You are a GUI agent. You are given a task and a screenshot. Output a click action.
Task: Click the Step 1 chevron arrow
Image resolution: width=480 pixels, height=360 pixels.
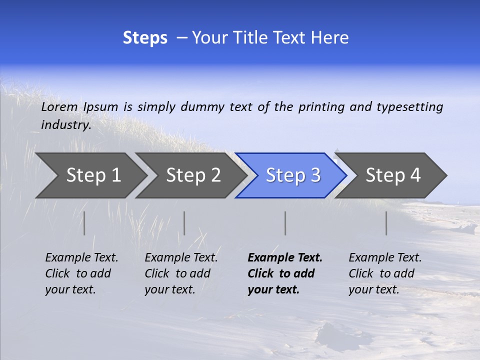coord(90,175)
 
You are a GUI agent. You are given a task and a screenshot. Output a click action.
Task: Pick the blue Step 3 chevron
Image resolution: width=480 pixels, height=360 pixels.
coord(292,175)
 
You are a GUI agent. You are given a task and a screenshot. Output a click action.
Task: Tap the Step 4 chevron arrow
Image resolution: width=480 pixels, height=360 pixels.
coord(392,175)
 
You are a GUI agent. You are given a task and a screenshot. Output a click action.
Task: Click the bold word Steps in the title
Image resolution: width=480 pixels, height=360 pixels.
coord(145,38)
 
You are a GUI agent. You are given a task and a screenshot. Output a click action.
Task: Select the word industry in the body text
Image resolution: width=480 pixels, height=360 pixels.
coord(65,125)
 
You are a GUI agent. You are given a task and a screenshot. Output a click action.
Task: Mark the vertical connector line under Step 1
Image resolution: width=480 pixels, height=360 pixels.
coord(84,223)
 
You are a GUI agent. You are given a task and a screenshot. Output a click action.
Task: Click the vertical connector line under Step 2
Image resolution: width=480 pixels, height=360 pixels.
coord(184,223)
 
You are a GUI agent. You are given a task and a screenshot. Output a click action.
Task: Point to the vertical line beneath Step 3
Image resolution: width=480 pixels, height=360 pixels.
coord(285,223)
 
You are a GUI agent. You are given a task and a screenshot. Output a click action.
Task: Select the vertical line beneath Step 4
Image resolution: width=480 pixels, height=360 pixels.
coord(386,223)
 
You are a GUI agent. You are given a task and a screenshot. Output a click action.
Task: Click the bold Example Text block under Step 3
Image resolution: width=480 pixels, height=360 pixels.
coord(285,273)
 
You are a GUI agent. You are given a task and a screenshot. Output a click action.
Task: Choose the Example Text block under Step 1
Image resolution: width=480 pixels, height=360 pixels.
coord(81,273)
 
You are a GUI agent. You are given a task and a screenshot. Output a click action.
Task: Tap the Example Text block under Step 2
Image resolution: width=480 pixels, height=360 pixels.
coord(181,273)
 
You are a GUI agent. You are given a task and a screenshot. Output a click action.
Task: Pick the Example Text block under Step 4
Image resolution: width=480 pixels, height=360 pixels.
coord(385,273)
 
